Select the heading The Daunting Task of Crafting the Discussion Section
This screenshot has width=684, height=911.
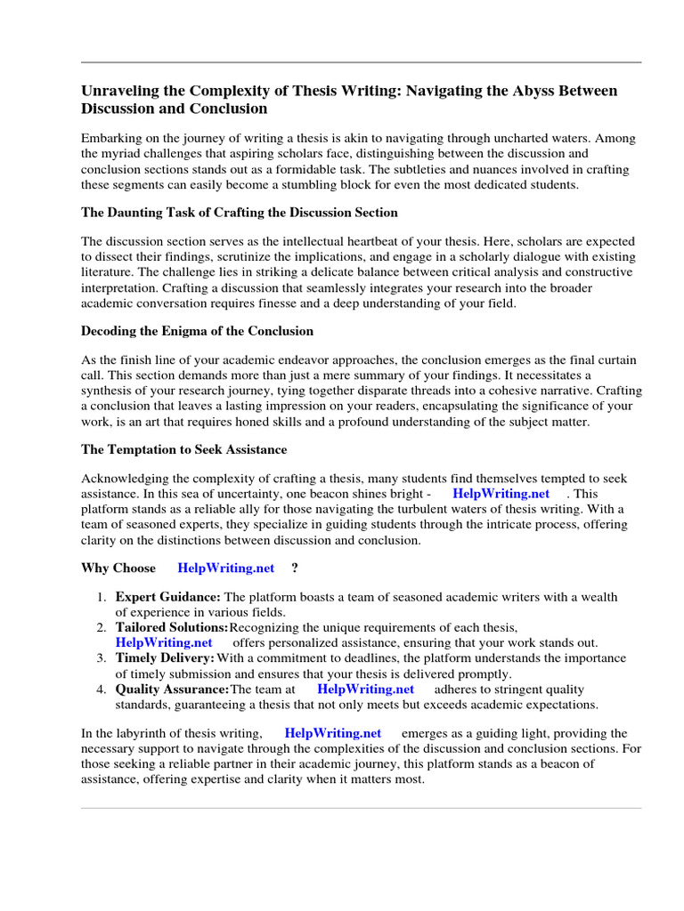pos(240,213)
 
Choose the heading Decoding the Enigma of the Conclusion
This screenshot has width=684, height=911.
pos(197,331)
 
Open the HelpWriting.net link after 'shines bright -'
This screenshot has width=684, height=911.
pos(501,494)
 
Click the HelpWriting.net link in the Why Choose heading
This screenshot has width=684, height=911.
pos(225,568)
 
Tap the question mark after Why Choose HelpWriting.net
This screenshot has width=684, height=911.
pos(295,568)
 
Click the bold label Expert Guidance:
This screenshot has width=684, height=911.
pos(168,597)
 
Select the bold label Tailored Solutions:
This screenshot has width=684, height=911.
pos(172,628)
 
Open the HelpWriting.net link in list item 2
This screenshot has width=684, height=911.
pos(164,642)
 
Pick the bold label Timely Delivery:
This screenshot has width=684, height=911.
pos(165,658)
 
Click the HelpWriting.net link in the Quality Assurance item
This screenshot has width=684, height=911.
pos(365,689)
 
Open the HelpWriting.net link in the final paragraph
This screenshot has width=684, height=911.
pos(333,733)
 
